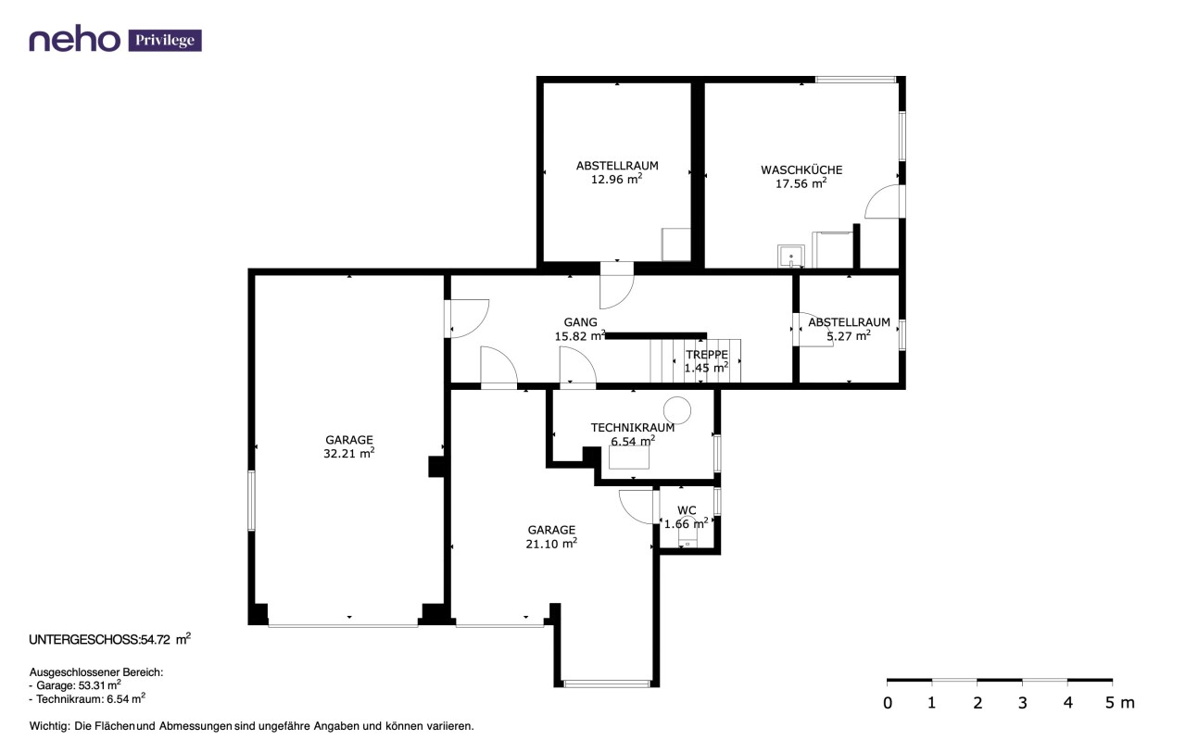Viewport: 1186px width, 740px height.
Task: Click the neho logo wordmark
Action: click(x=74, y=39)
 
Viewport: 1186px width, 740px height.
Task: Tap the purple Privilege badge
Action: click(x=165, y=40)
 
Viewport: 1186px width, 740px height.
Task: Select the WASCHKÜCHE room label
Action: click(x=801, y=169)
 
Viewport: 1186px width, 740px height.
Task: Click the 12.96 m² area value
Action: click(x=616, y=179)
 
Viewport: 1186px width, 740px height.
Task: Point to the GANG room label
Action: click(x=580, y=321)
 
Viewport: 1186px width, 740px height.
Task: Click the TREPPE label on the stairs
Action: click(x=707, y=355)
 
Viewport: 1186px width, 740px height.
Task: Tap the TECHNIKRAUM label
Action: click(x=633, y=427)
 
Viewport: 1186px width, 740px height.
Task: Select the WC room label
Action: click(x=687, y=510)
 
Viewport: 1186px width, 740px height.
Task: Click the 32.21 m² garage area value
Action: click(x=349, y=453)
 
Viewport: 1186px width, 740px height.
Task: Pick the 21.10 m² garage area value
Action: click(x=551, y=543)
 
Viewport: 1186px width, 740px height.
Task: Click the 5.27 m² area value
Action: click(x=849, y=335)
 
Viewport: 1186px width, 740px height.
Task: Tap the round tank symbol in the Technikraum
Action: click(x=677, y=410)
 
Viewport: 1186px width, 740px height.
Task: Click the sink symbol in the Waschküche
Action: click(x=791, y=257)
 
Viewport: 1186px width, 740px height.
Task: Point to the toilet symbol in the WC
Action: click(x=688, y=539)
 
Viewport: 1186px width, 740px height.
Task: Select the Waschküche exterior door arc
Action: click(x=874, y=198)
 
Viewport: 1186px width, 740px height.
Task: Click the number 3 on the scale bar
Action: click(x=1022, y=703)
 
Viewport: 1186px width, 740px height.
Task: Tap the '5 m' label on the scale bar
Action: click(x=1120, y=703)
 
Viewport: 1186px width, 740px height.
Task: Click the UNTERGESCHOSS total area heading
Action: click(x=109, y=639)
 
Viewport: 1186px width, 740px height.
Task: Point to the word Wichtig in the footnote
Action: click(x=49, y=726)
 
